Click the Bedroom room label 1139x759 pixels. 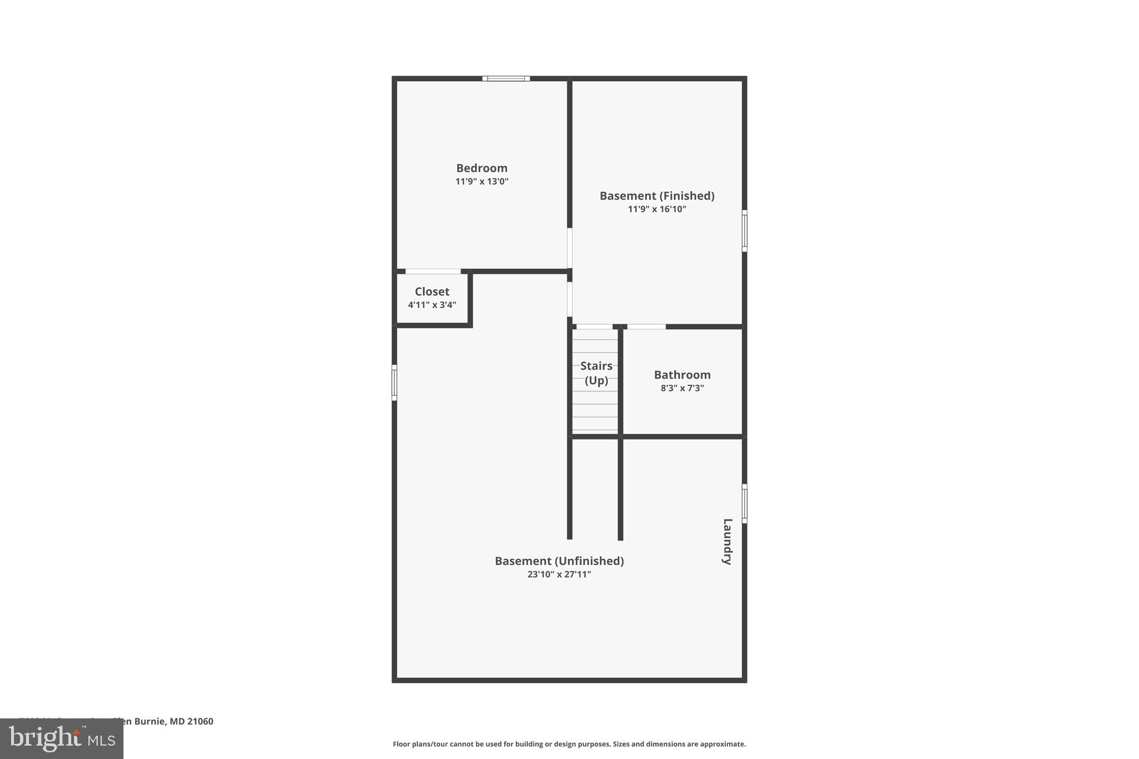[482, 168]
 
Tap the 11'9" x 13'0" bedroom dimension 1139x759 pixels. [482, 181]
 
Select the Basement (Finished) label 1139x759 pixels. [657, 196]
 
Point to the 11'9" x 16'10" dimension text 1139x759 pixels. [657, 209]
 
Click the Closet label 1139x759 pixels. [432, 291]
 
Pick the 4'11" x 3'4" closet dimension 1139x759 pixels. [432, 305]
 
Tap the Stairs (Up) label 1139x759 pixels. [596, 373]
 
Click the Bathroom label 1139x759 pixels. [682, 375]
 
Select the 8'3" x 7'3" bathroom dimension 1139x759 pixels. [682, 388]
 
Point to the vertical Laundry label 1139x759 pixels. [727, 542]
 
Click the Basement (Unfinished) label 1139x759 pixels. [559, 561]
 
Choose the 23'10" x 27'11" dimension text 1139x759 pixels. [559, 574]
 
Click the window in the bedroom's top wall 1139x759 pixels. [506, 78]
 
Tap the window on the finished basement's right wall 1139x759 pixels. [744, 230]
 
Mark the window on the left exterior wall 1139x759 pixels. [394, 383]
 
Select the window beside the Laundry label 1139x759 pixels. [744, 503]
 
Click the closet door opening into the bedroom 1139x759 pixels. [433, 271]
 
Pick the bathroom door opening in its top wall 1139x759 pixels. [646, 326]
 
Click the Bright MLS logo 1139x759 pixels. [62, 738]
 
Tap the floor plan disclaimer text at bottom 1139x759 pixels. [569, 744]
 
